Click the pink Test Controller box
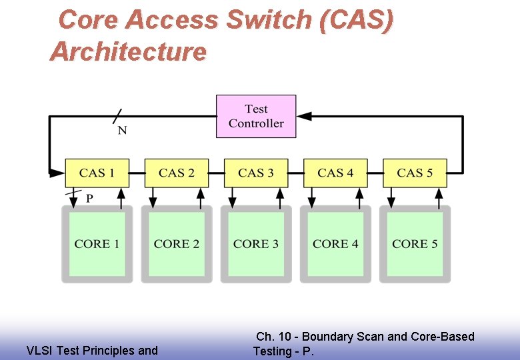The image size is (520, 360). coord(256,117)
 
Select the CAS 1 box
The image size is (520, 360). coord(97,173)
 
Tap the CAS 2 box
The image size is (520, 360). coord(177,173)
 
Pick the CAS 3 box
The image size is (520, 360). coord(256,173)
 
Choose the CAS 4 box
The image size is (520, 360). coord(335,173)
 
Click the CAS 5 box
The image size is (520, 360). coord(415,173)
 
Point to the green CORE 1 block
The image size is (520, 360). coord(97,244)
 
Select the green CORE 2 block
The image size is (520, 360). coord(177,244)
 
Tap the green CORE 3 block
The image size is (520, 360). coord(256,244)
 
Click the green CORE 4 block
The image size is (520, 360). coord(335,244)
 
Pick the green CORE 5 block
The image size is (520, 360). coord(415,244)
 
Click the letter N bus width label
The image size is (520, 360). coord(122,131)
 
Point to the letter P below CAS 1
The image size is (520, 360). coord(90,199)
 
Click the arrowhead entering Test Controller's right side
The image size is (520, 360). coord(304,116)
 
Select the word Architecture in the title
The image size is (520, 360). coord(128,51)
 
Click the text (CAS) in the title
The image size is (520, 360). coord(356,20)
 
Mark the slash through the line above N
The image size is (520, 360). coord(118,116)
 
